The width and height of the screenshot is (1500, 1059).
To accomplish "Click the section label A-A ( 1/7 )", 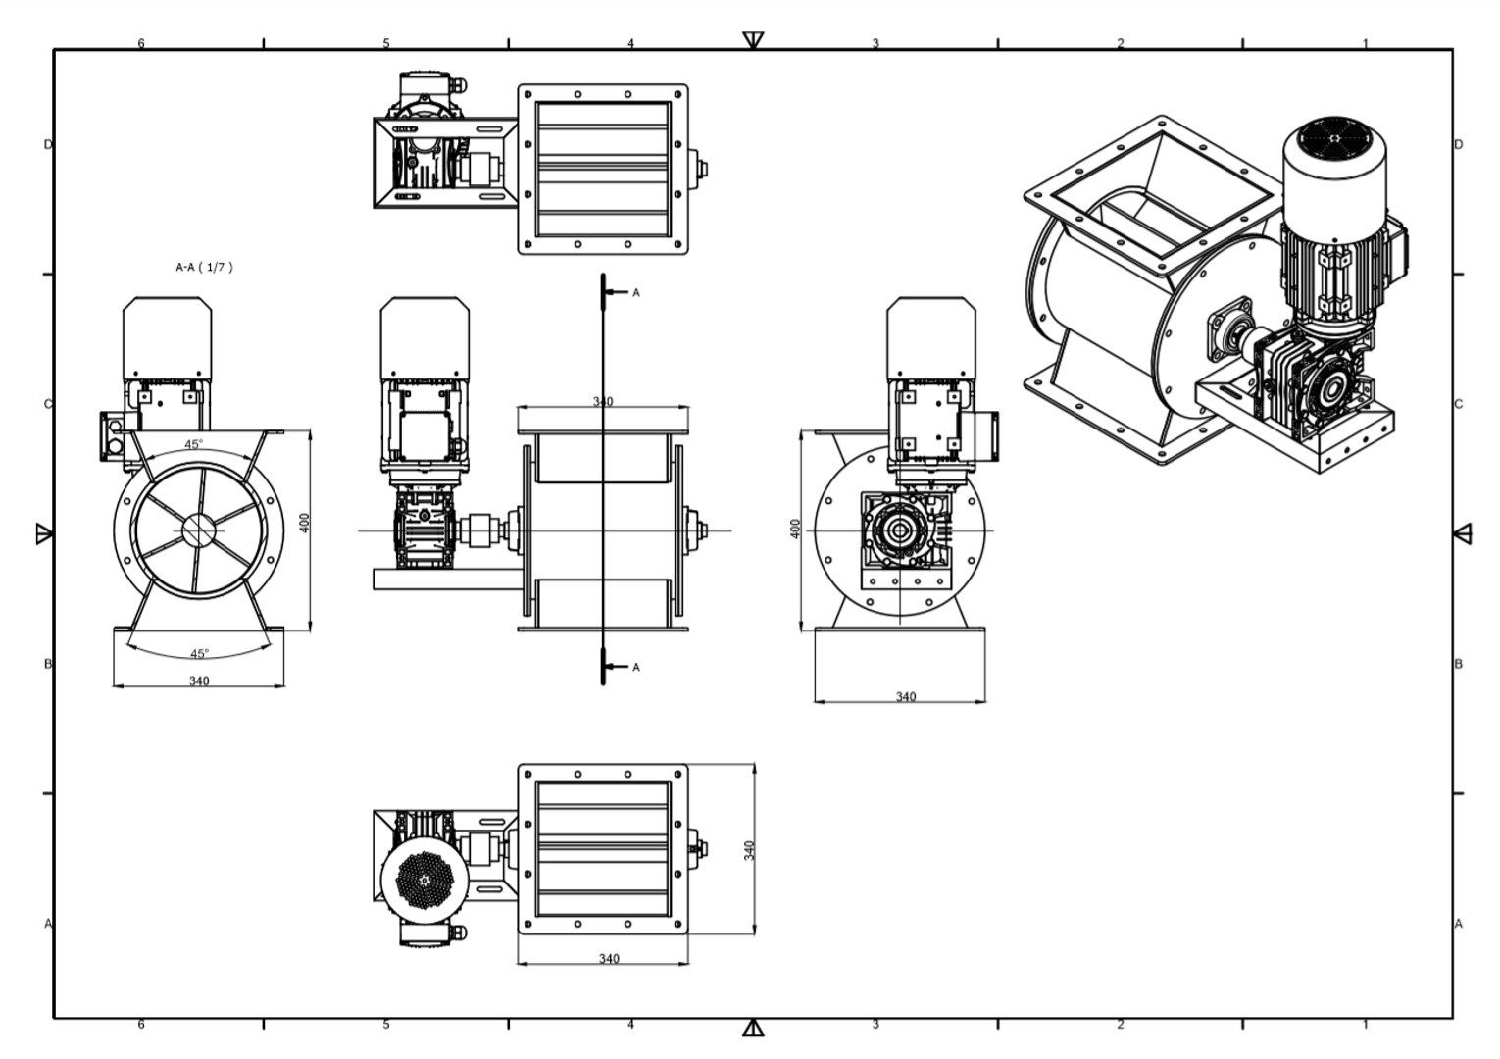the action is tap(204, 268).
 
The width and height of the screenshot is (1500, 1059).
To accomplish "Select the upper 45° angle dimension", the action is tap(193, 444).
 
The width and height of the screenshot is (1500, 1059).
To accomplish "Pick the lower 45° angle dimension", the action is tap(200, 653).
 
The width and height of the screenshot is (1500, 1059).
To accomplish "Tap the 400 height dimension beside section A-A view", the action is tap(305, 523).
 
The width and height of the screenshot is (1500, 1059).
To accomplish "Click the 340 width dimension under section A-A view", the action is tap(199, 681).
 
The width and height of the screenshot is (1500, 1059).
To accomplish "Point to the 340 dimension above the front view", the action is tap(603, 401).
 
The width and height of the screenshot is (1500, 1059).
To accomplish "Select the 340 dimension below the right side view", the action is tap(905, 696).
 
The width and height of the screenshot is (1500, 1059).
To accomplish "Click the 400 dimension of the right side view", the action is tap(795, 529).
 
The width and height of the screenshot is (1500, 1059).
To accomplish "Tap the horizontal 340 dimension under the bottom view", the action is tap(609, 959).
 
